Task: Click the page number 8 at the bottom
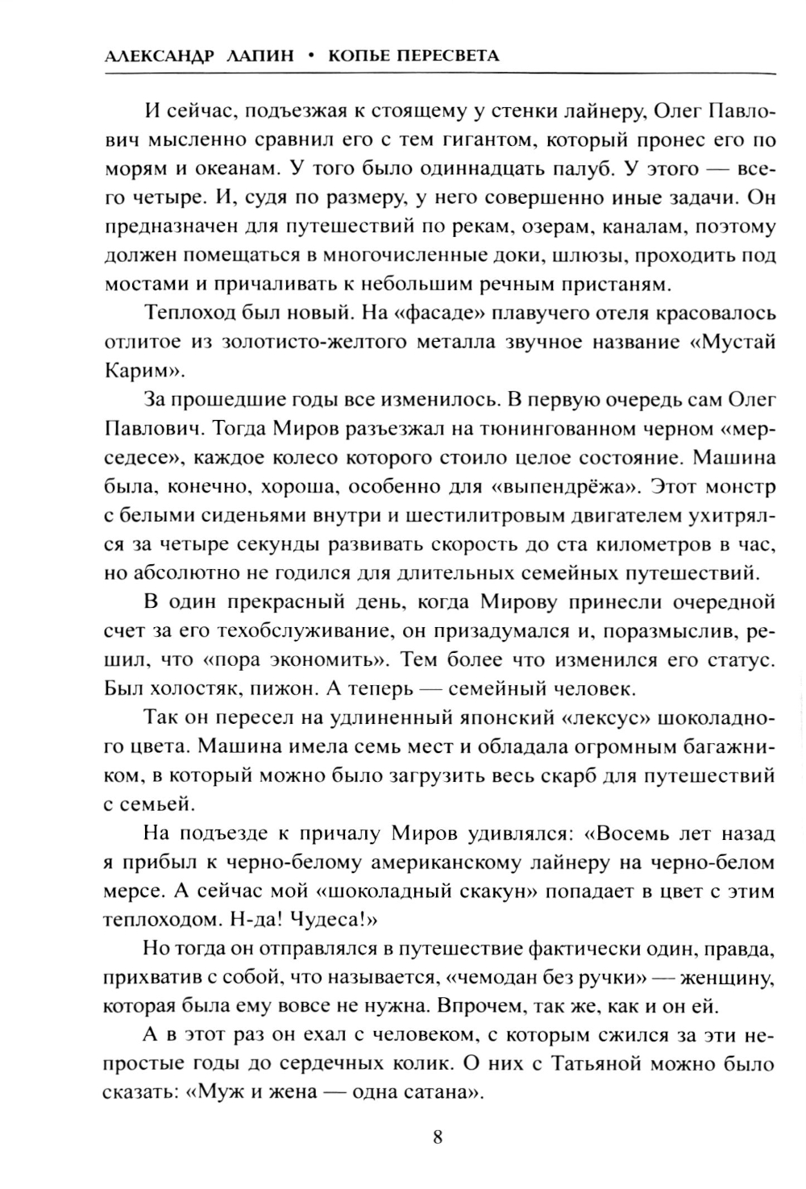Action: (438, 1137)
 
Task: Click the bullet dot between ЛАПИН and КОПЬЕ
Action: (310, 56)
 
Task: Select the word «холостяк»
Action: (194, 689)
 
